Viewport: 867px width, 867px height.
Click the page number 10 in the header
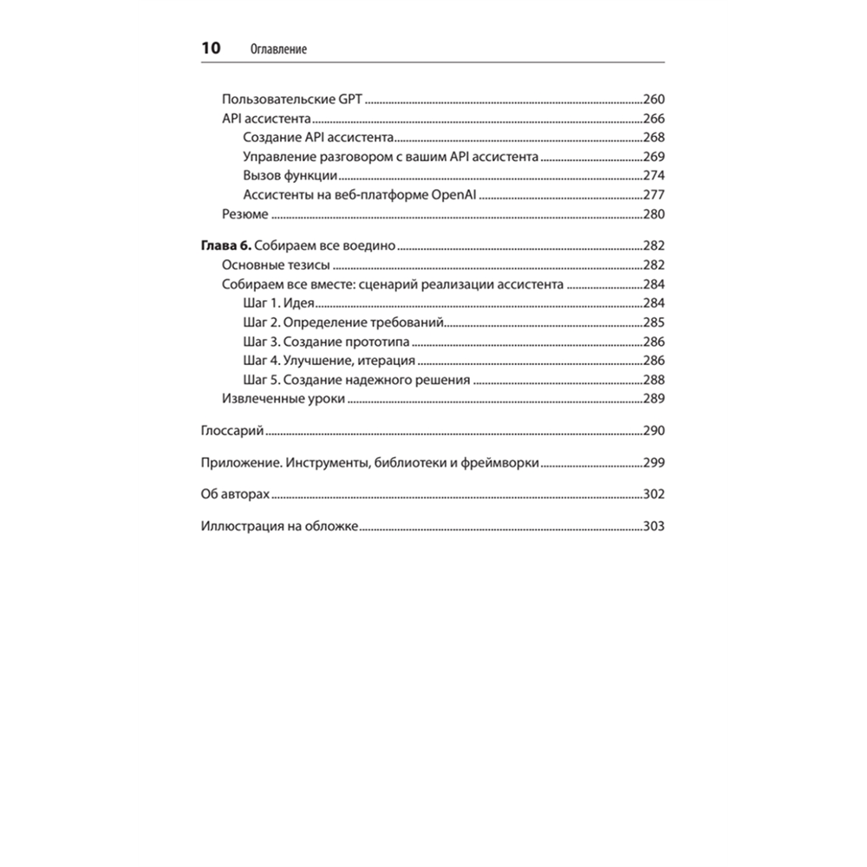coord(212,49)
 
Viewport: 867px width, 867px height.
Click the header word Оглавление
coord(278,50)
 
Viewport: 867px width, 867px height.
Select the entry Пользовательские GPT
coord(292,99)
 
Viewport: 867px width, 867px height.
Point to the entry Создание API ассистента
coord(318,138)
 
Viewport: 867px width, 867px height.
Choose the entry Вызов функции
coord(290,176)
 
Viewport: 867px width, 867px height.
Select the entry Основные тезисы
coord(277,266)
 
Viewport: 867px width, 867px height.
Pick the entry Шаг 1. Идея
coord(278,303)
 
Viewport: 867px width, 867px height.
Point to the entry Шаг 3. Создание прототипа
coord(327,342)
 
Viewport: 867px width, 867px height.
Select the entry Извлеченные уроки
coord(284,399)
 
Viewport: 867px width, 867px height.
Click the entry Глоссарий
coord(232,431)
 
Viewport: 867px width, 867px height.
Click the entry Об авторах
coord(235,494)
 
